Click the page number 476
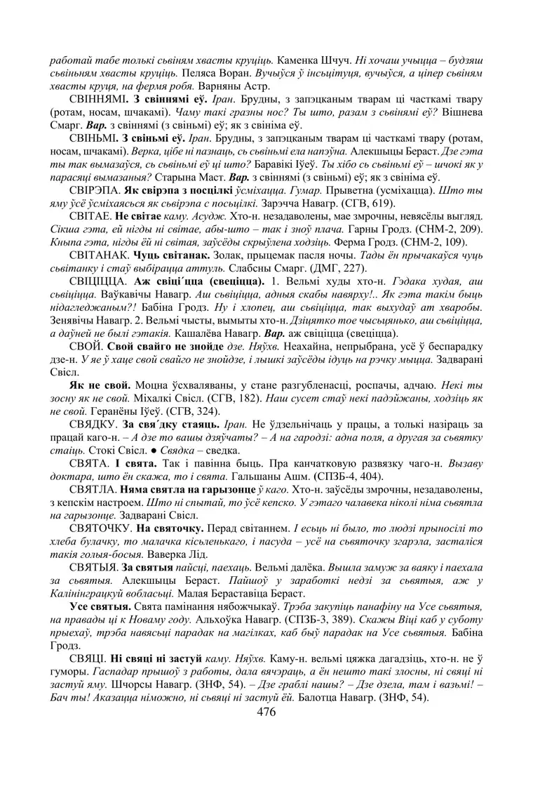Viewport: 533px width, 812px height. point(266,712)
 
